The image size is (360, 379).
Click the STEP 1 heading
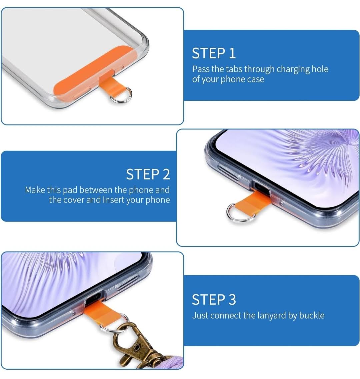pyautogui.click(x=214, y=53)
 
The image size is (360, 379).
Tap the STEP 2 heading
pyautogui.click(x=148, y=174)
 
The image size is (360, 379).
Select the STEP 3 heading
pyautogui.click(x=214, y=300)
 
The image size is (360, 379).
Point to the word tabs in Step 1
pyautogui.click(x=234, y=69)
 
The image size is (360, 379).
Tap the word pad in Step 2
pyautogui.click(x=70, y=191)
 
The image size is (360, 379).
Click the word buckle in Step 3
pyautogui.click(x=312, y=315)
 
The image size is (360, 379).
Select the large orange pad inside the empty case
pyautogui.click(x=94, y=72)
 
